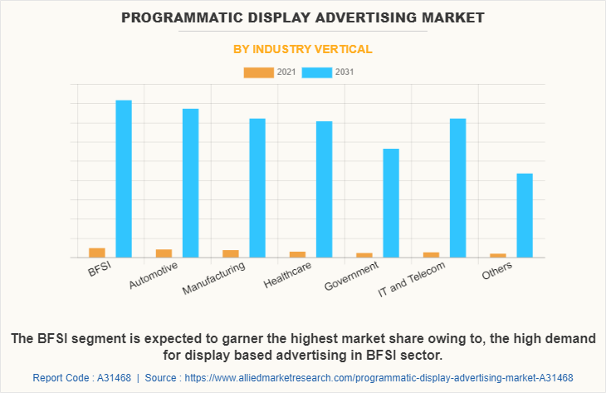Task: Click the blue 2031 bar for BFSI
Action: pyautogui.click(x=124, y=179)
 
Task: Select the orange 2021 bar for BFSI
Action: pyautogui.click(x=97, y=253)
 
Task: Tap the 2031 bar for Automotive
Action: pyautogui.click(x=191, y=183)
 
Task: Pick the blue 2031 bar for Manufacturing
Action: pyautogui.click(x=257, y=188)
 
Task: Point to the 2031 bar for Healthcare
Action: pyautogui.click(x=325, y=189)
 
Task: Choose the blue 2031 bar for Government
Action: pyautogui.click(x=391, y=203)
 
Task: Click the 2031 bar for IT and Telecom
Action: pyautogui.click(x=457, y=188)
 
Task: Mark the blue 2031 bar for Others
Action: pyautogui.click(x=525, y=215)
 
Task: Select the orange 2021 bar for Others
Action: pyautogui.click(x=498, y=255)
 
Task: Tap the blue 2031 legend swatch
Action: pyautogui.click(x=315, y=72)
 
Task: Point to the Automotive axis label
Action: pyautogui.click(x=154, y=277)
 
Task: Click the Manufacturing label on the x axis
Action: pyautogui.click(x=214, y=279)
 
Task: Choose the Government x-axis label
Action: pyautogui.click(x=352, y=277)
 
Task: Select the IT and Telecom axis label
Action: pyautogui.click(x=412, y=279)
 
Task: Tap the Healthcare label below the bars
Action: pyautogui.click(x=287, y=275)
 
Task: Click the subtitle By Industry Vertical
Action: pyautogui.click(x=303, y=49)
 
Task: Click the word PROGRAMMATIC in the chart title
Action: pyautogui.click(x=173, y=17)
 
